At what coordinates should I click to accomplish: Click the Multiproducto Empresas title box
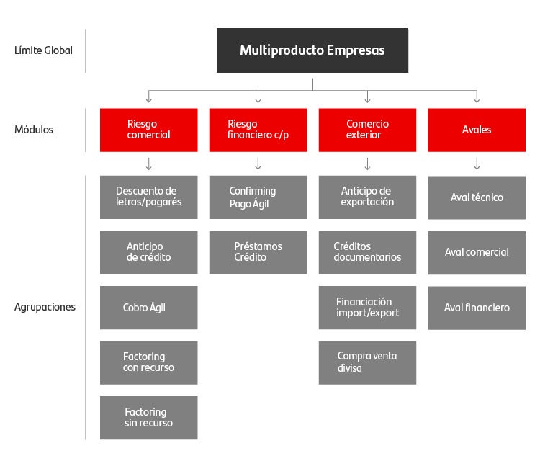312,50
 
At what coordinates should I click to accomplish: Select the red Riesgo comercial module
148,130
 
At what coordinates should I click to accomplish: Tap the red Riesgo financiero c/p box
258,130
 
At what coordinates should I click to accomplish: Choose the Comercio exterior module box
367,130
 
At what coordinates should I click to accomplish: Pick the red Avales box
477,130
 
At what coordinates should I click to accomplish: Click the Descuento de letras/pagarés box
148,197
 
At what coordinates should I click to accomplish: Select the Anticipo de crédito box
148,252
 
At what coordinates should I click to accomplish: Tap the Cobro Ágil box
148,308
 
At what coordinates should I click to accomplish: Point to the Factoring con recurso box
148,362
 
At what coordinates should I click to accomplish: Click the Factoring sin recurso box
148,418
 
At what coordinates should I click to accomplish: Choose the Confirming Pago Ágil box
258,197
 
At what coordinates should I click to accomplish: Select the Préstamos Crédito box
258,252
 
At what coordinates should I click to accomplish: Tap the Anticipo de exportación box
367,197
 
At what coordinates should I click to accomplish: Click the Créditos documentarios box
367,252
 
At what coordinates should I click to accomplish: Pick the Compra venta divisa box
367,362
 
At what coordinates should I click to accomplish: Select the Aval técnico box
477,197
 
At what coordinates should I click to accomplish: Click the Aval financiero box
477,308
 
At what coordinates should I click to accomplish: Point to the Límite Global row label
43,50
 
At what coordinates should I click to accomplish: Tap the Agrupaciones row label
45,307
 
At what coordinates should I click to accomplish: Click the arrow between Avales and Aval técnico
477,164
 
